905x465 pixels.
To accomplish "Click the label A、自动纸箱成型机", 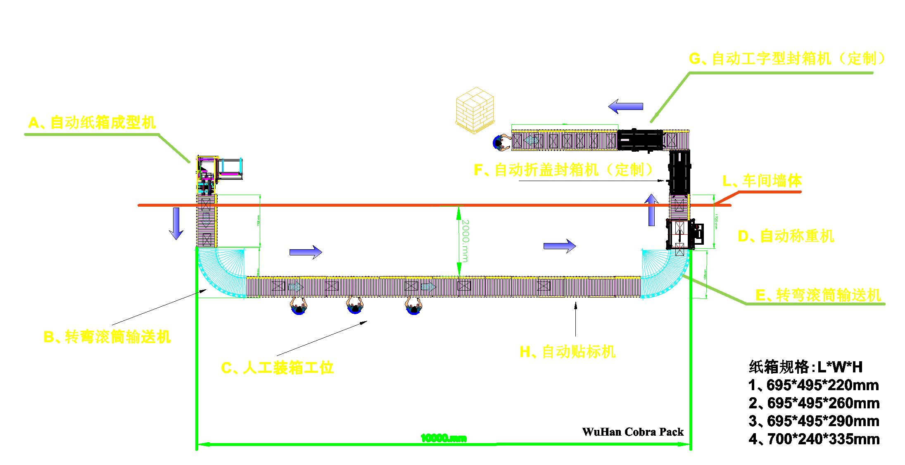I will tap(92, 123).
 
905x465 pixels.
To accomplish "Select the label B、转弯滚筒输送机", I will tap(107, 337).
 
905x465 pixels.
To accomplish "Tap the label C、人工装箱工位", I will tap(277, 367).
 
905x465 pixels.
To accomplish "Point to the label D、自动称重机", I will tap(786, 236).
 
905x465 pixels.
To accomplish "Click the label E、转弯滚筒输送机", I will tap(818, 295).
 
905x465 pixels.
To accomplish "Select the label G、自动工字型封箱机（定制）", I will tap(787, 59).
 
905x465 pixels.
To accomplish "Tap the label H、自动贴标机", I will tap(568, 352).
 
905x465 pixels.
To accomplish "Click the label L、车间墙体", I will tap(762, 181).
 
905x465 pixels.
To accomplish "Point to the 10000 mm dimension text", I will tap(444, 438).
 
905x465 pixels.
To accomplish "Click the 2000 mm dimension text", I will tap(465, 241).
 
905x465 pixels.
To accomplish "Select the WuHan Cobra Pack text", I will tap(633, 432).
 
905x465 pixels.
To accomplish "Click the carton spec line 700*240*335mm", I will tap(814, 439).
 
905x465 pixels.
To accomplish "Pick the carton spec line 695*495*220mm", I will tap(813, 385).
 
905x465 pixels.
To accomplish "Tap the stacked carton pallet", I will tap(475, 110).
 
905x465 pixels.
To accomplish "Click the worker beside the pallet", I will tap(501, 142).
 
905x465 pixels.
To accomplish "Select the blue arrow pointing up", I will tap(652, 210).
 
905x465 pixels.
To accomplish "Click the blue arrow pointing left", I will tap(625, 106).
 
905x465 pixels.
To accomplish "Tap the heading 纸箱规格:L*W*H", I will tap(805, 367).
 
